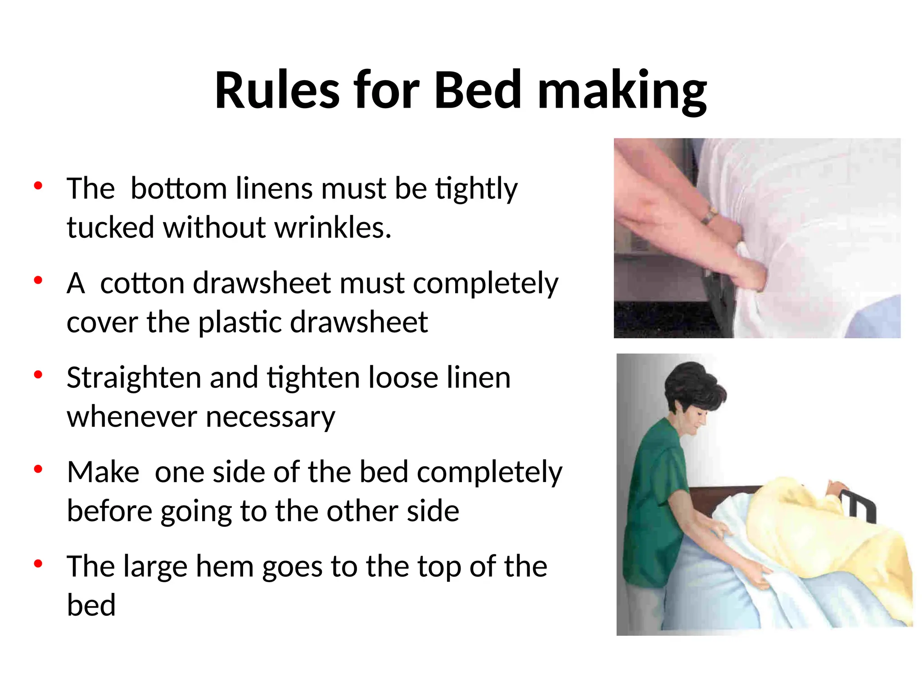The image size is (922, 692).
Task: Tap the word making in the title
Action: pyautogui.click(x=622, y=92)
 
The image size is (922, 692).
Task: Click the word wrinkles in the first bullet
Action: pyautogui.click(x=333, y=227)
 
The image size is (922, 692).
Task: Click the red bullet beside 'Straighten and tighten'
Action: pyautogui.click(x=38, y=374)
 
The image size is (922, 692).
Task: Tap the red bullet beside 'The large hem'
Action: pyautogui.click(x=38, y=564)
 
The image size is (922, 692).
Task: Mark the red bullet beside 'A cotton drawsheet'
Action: pyautogui.click(x=38, y=280)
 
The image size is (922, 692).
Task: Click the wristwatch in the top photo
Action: pyautogui.click(x=710, y=215)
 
